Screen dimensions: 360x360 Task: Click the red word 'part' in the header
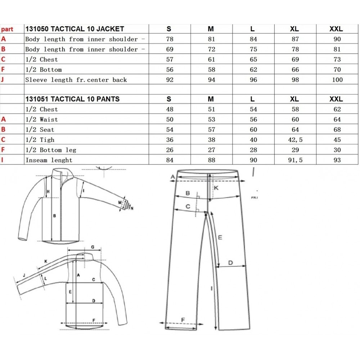[7, 30]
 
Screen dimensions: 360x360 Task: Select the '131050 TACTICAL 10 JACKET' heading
[75, 29]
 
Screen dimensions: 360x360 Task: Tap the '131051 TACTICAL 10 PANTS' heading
[73, 99]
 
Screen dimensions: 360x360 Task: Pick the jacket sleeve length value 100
[337, 80]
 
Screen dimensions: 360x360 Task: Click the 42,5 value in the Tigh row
[295, 140]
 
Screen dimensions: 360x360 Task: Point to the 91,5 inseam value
[295, 160]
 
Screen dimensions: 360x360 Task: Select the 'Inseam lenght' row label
[49, 160]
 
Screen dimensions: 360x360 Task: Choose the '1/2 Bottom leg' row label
[51, 150]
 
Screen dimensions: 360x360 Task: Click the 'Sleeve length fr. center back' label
[76, 80]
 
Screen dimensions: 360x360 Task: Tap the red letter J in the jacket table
[2, 80]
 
